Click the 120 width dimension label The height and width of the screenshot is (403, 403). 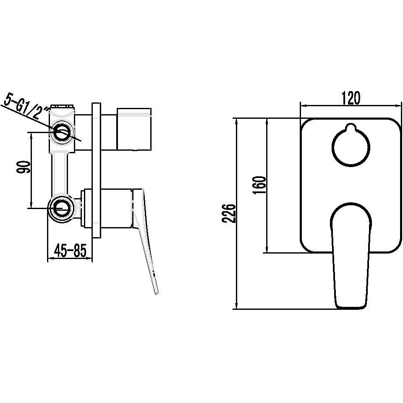tap(351, 98)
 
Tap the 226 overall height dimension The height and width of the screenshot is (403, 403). tap(228, 214)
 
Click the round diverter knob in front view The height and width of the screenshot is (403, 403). tap(351, 147)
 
